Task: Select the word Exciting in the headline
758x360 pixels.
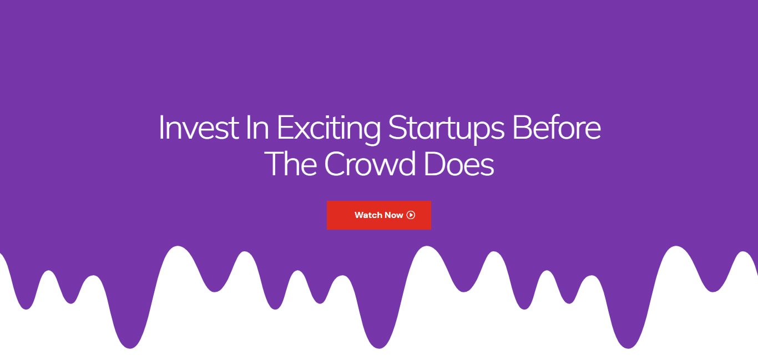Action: click(x=329, y=130)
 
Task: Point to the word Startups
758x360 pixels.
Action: click(x=446, y=130)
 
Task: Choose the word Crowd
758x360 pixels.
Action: click(x=370, y=164)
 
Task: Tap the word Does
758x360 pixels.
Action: click(x=459, y=164)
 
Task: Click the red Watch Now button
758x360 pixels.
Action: click(x=378, y=215)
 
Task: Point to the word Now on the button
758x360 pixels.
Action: click(x=393, y=215)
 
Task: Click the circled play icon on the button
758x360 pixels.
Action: click(x=411, y=215)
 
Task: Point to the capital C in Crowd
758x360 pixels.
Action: click(x=335, y=164)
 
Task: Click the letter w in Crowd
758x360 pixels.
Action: click(x=383, y=168)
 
